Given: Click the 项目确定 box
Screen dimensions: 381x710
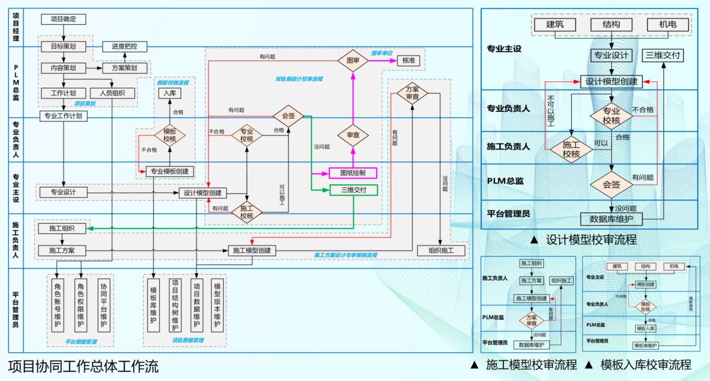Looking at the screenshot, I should click(x=63, y=19).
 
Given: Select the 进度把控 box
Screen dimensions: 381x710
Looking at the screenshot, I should click(x=124, y=47).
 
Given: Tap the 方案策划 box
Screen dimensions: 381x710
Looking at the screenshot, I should click(x=124, y=68).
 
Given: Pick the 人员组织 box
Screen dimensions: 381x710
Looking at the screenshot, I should click(x=112, y=93).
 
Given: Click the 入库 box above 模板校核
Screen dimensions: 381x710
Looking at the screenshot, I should click(x=170, y=93).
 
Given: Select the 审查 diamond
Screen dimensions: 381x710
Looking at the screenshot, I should click(x=352, y=135).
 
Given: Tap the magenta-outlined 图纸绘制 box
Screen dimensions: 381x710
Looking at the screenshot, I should click(x=352, y=173).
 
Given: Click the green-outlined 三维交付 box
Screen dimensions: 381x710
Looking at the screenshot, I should click(x=352, y=190).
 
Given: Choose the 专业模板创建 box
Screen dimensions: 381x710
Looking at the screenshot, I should click(x=170, y=171).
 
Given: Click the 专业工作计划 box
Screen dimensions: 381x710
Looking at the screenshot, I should click(x=63, y=116).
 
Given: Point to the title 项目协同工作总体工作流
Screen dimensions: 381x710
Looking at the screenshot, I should click(x=83, y=367).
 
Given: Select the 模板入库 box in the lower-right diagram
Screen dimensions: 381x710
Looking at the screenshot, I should click(x=645, y=328).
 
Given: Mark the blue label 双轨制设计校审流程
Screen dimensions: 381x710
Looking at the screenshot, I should click(x=299, y=79).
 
